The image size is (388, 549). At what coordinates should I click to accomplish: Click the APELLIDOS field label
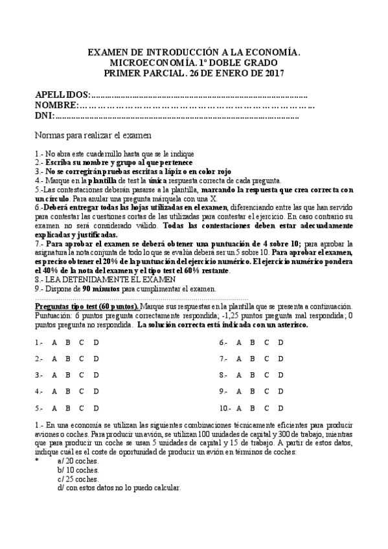[x=63, y=95]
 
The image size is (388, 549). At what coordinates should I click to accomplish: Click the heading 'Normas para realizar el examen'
[x=93, y=136]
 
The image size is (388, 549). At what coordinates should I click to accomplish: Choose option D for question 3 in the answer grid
[x=97, y=375]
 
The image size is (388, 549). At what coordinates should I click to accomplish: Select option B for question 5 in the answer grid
[x=67, y=409]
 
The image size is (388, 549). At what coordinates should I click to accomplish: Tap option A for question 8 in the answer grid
[x=238, y=375]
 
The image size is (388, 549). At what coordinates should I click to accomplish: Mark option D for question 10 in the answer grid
[x=281, y=409]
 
